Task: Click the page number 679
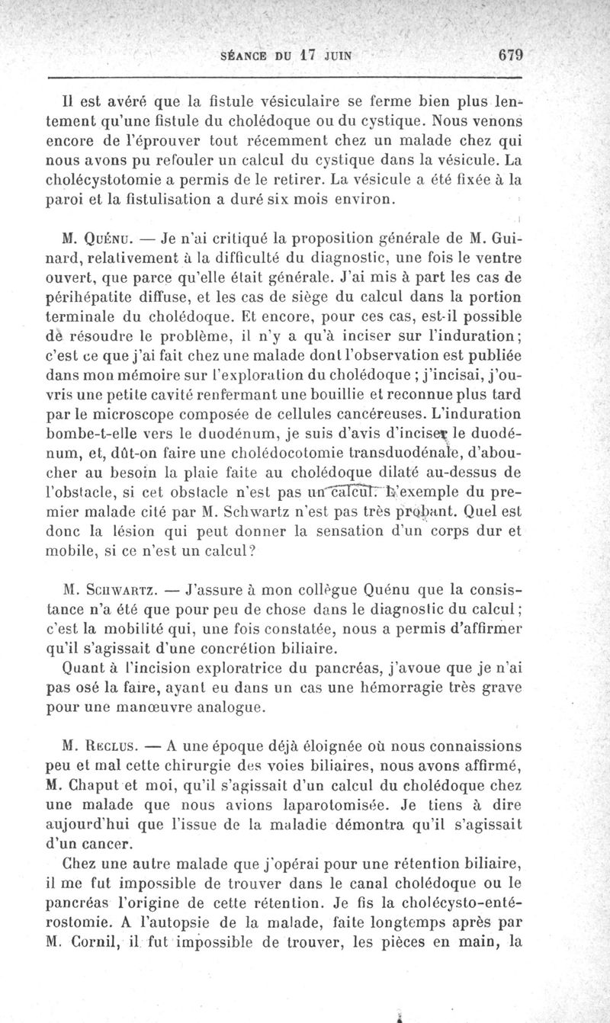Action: tap(513, 55)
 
